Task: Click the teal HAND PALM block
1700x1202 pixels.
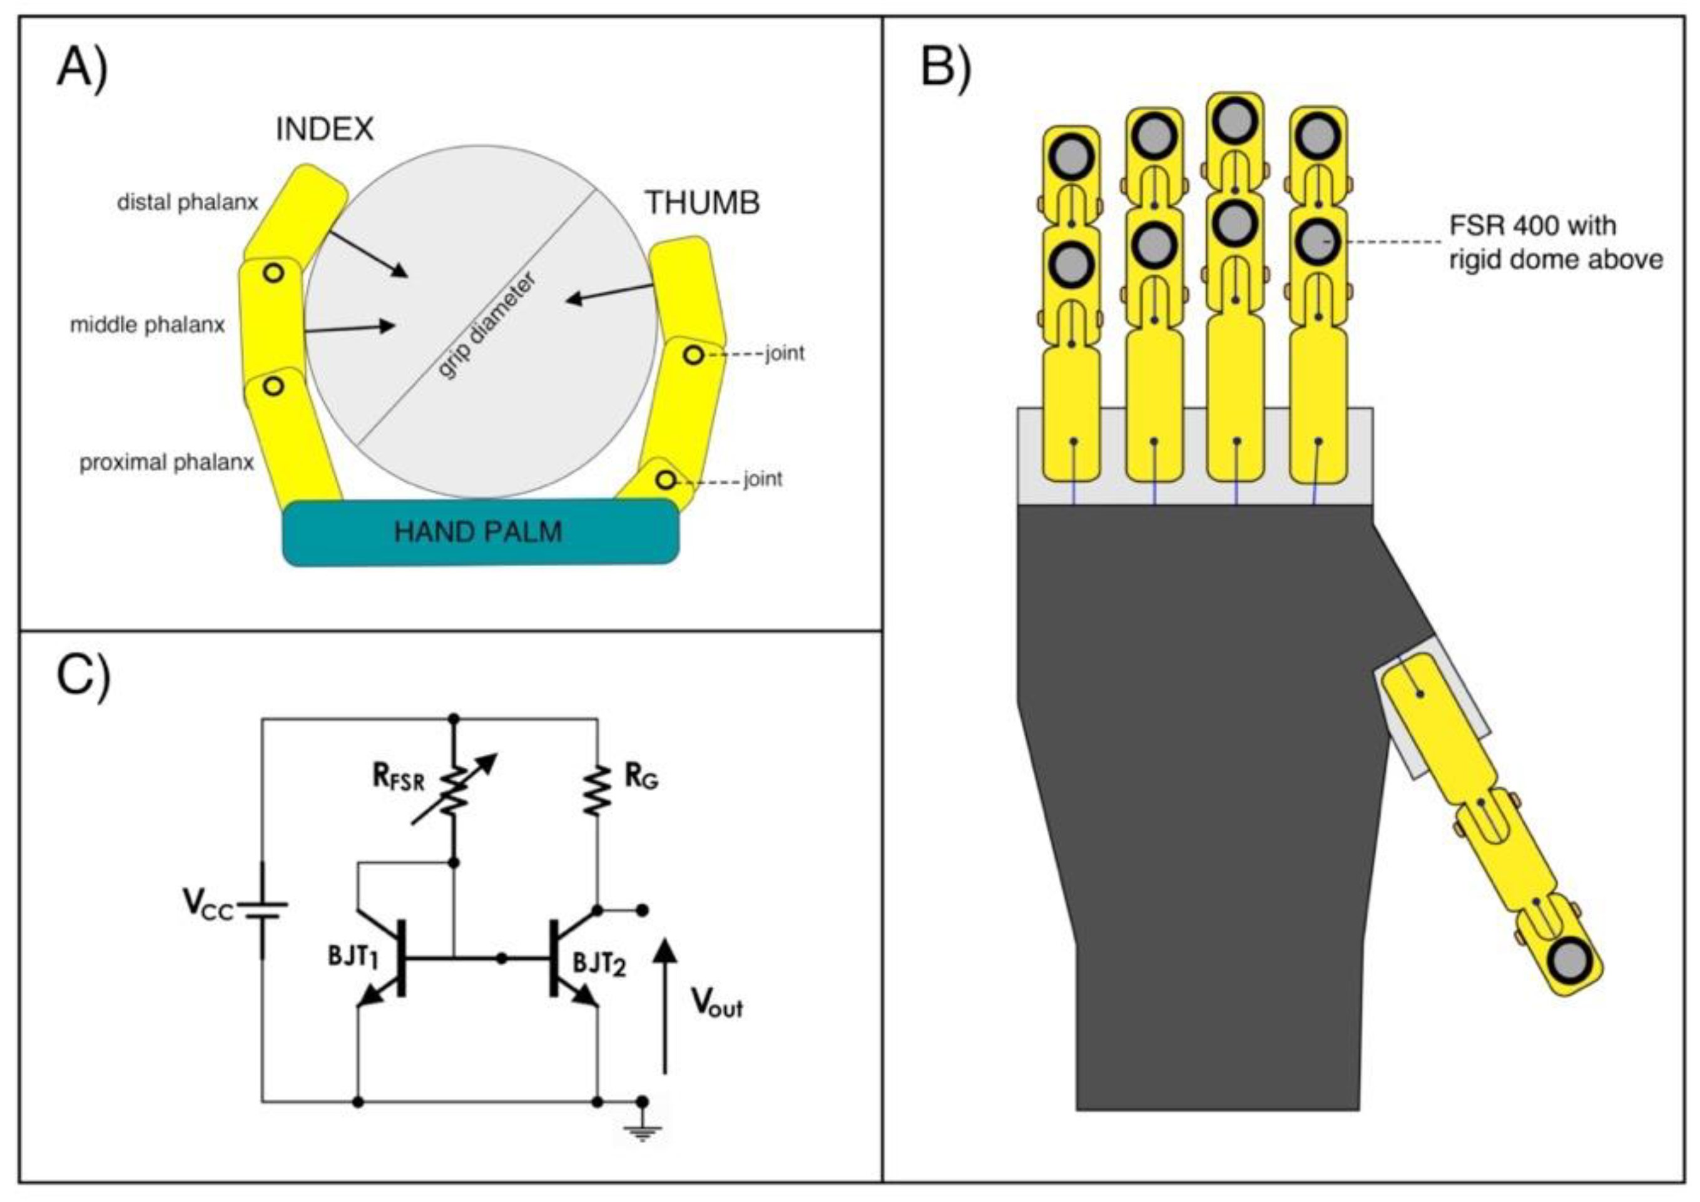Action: [x=481, y=532]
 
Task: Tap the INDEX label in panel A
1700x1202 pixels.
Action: [x=324, y=130]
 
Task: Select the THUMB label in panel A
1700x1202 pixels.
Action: [x=703, y=203]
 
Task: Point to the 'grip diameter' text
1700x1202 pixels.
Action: [x=486, y=327]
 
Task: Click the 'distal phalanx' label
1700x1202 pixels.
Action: [x=187, y=202]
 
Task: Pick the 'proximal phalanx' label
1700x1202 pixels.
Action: [x=166, y=463]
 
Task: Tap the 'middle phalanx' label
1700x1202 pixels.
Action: [x=147, y=325]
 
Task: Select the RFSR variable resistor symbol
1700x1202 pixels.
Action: [x=454, y=790]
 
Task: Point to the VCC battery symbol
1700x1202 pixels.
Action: [x=262, y=911]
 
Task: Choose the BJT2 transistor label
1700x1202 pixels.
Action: [x=600, y=964]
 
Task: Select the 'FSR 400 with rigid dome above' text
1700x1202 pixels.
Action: [x=1555, y=242]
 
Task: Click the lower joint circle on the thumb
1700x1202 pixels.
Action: [x=666, y=480]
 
